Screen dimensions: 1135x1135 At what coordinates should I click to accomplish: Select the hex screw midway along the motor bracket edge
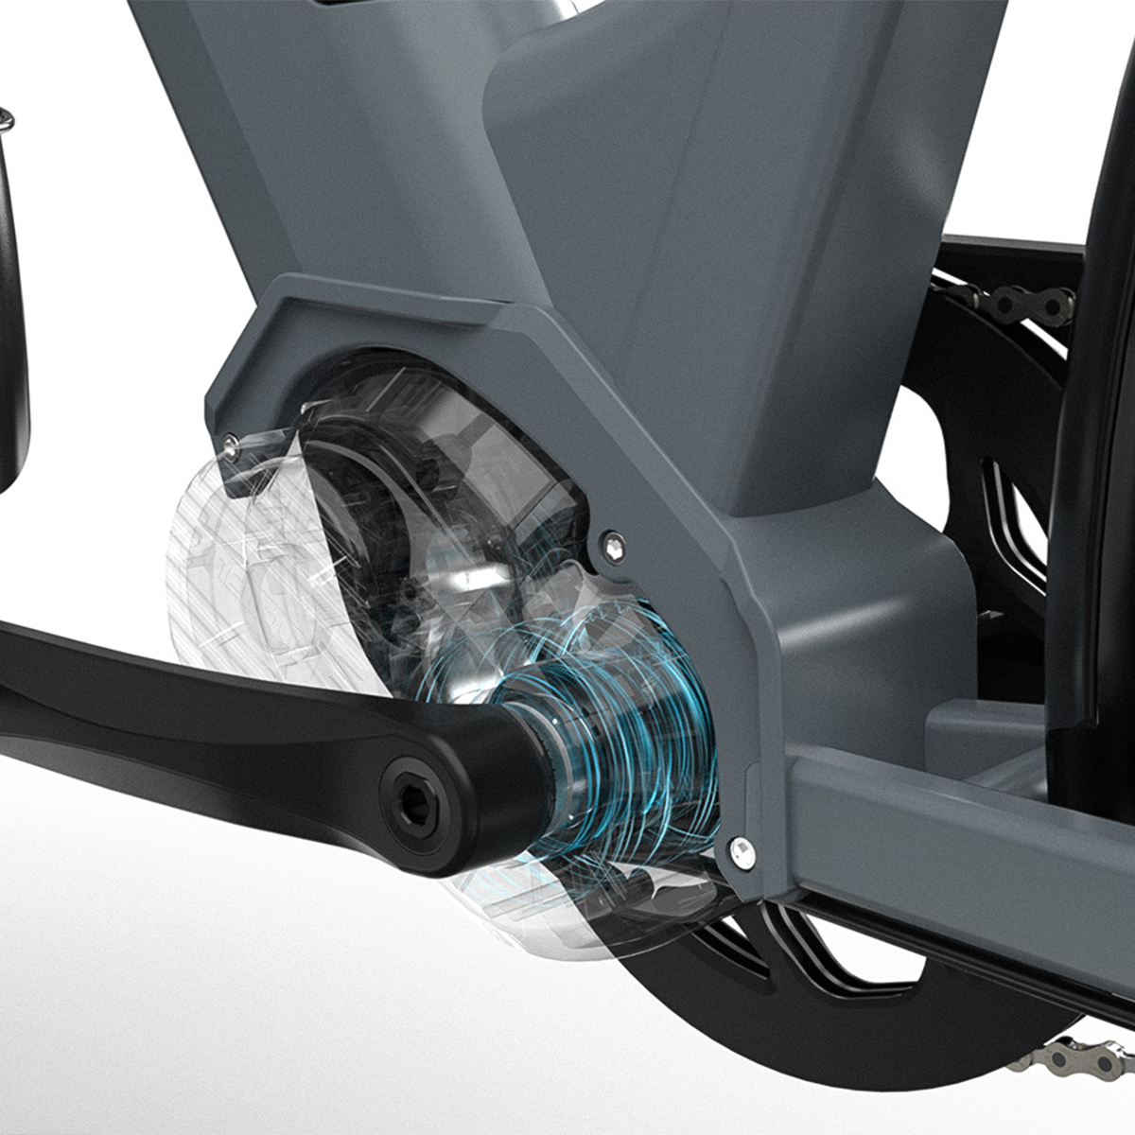pyautogui.click(x=616, y=541)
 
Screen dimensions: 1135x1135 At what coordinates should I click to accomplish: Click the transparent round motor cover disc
pyautogui.click(x=236, y=567)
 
